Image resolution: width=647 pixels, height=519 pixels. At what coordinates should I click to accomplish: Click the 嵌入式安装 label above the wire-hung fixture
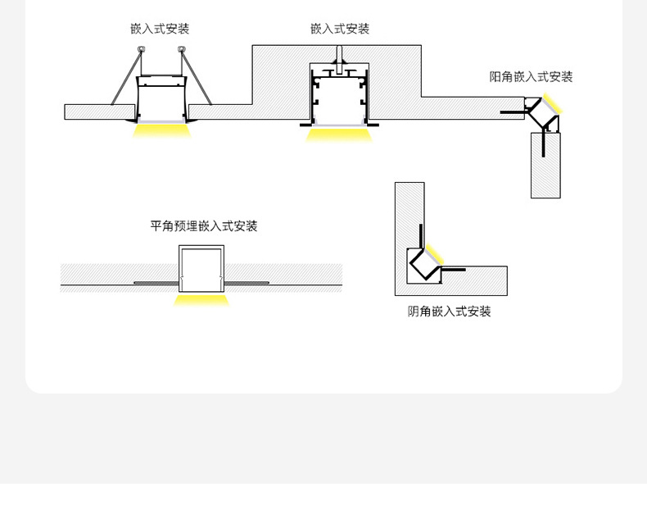(x=160, y=29)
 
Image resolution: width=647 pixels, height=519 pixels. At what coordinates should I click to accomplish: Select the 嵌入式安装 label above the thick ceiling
(x=340, y=29)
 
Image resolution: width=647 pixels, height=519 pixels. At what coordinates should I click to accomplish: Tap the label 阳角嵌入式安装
(x=531, y=77)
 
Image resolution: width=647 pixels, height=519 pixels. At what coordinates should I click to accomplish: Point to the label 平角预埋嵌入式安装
(x=204, y=226)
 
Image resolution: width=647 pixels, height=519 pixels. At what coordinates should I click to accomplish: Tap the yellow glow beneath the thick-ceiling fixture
(x=339, y=133)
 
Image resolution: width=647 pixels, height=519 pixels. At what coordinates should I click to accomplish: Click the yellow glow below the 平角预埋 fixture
(x=201, y=299)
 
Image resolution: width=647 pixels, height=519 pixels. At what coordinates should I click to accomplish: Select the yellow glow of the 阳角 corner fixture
(x=551, y=104)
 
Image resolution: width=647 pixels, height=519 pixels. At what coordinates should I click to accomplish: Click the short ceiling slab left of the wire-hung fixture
(x=88, y=112)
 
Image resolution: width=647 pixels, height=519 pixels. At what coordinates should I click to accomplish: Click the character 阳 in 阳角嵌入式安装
(x=495, y=77)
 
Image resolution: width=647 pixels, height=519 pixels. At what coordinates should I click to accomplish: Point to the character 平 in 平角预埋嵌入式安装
(x=156, y=226)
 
